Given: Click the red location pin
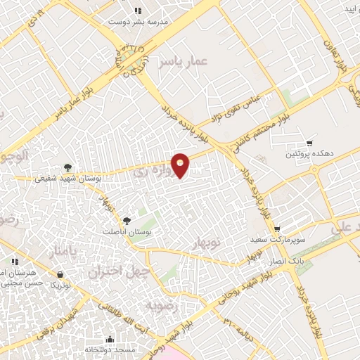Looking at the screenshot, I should pyautogui.click(x=181, y=165).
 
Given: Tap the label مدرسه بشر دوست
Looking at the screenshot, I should pyautogui.click(x=139, y=22).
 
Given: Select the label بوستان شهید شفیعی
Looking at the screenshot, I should pyautogui.click(x=68, y=179).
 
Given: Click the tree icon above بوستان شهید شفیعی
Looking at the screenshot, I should pyautogui.click(x=67, y=167).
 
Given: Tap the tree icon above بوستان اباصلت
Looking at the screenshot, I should pyautogui.click(x=127, y=221).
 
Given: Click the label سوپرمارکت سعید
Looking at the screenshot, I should pyautogui.click(x=278, y=240).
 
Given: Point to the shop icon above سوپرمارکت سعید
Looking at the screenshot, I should pyautogui.click(x=278, y=229).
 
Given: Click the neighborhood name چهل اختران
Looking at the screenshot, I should pyautogui.click(x=116, y=271).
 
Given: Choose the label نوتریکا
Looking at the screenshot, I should pyautogui.click(x=60, y=285).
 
